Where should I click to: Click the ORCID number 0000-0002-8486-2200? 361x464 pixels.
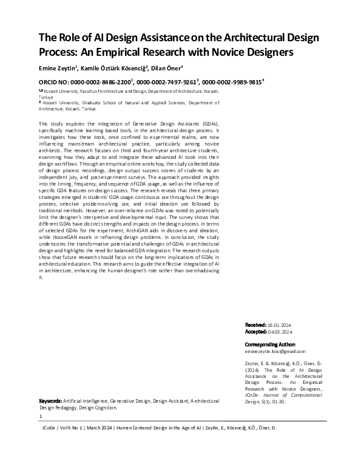click(x=103, y=81)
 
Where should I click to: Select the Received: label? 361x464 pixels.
click(x=257, y=326)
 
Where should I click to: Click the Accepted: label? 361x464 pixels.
click(x=257, y=332)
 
